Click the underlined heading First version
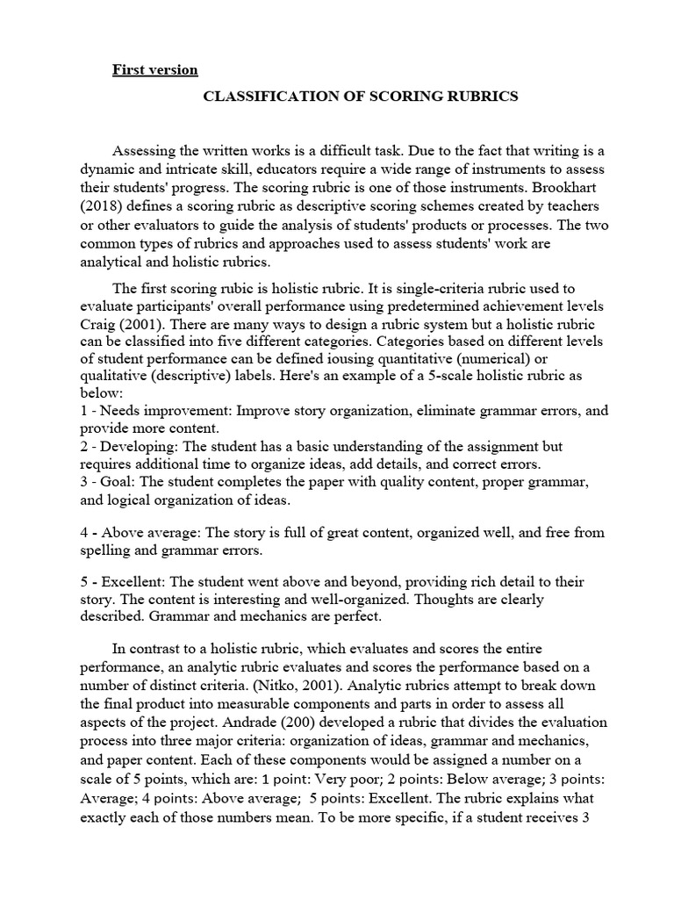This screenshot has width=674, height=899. [x=154, y=69]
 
